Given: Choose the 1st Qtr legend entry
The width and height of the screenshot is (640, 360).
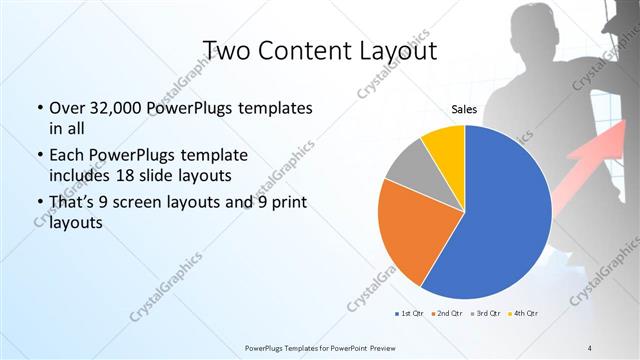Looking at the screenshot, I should pos(408,315).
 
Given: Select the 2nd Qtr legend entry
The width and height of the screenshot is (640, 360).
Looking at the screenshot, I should pos(446,315).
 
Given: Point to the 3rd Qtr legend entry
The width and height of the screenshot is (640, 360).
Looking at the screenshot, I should pos(486,315).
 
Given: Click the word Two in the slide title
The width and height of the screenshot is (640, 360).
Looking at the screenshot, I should pos(228,51).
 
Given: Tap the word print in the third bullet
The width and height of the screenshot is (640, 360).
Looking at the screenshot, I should pos(288,203).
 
